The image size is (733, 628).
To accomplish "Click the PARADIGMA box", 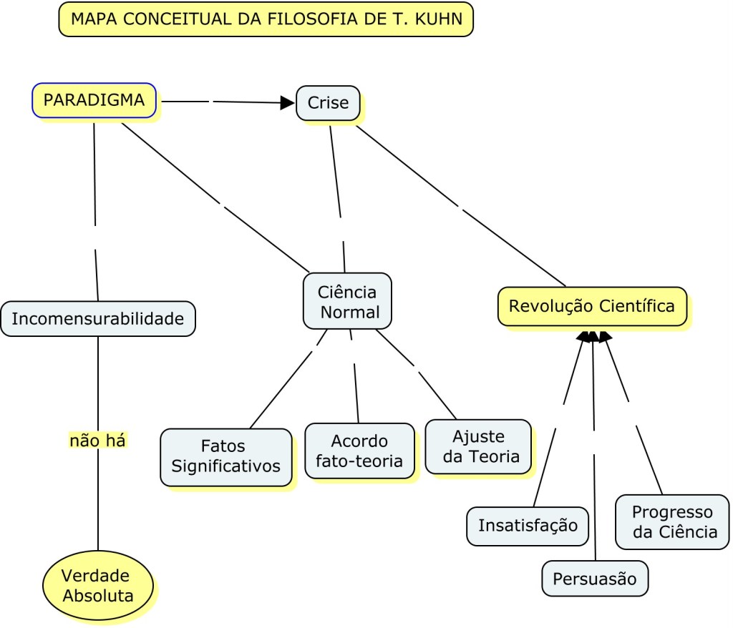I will click(94, 100).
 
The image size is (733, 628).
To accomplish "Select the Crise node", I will click(328, 103).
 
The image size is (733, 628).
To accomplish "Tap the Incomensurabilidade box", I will click(98, 318).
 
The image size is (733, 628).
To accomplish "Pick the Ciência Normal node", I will click(347, 301).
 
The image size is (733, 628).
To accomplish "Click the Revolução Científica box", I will click(592, 307).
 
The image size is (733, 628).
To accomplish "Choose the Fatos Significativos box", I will click(226, 456).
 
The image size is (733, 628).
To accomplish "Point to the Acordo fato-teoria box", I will click(359, 451).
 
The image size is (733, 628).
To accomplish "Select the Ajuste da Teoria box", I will click(478, 446).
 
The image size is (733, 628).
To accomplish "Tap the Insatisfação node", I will click(528, 526).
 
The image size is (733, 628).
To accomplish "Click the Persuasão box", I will click(595, 579).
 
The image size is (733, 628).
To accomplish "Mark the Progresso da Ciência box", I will click(672, 522).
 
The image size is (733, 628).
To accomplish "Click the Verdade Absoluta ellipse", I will click(98, 584).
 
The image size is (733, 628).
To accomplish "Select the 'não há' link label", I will click(97, 441).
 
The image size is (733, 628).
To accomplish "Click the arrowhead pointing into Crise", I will click(287, 103).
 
